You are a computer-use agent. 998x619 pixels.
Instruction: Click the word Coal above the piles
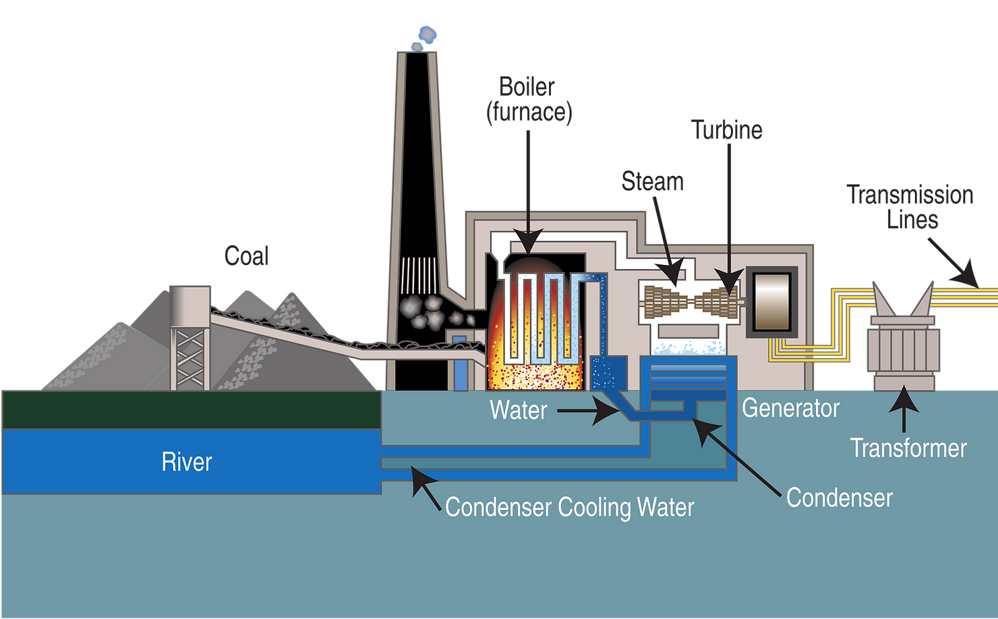246,256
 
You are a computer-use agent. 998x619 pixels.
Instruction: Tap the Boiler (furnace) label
529,100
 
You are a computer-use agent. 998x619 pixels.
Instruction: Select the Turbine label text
727,129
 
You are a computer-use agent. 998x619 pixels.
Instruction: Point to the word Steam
652,181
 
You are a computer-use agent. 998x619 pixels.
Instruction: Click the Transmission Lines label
910,207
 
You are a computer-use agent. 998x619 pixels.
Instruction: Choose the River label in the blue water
186,462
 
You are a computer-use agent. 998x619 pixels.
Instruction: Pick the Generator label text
790,408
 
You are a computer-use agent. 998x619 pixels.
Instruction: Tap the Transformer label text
908,448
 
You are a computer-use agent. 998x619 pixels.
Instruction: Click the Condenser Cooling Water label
569,507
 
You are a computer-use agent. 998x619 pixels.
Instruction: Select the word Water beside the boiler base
519,410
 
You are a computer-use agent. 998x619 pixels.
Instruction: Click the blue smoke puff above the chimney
425,38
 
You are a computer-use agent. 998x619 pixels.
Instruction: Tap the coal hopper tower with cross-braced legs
189,338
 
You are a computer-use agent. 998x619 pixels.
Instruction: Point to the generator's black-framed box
771,302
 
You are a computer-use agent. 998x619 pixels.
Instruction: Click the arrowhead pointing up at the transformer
904,399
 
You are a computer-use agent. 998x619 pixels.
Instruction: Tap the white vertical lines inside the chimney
418,275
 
